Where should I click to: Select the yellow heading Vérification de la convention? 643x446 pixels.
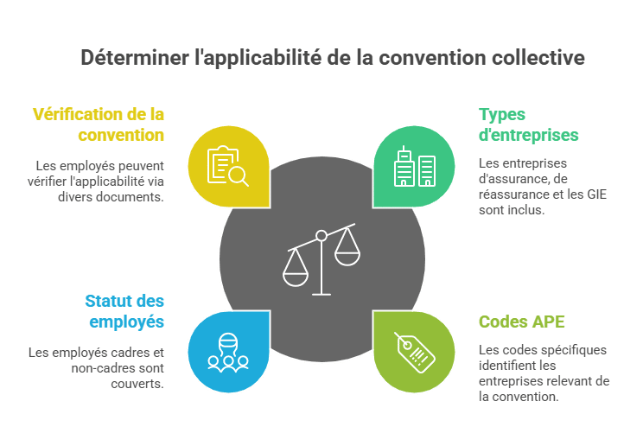pos(99,124)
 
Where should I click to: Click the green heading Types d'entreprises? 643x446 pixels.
pos(529,124)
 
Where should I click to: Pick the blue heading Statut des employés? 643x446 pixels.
pos(124,311)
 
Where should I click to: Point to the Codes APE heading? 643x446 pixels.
pos(522,322)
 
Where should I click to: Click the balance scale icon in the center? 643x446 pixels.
pos(321,259)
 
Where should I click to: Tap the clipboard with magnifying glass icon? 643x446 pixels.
pos(227,166)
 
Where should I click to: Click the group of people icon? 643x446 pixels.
pos(228,353)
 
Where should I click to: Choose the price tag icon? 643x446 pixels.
pos(415,353)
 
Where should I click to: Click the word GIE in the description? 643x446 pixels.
pos(596,194)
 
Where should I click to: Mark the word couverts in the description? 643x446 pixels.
pos(137,384)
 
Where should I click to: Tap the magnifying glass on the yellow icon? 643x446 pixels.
pos(239,177)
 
